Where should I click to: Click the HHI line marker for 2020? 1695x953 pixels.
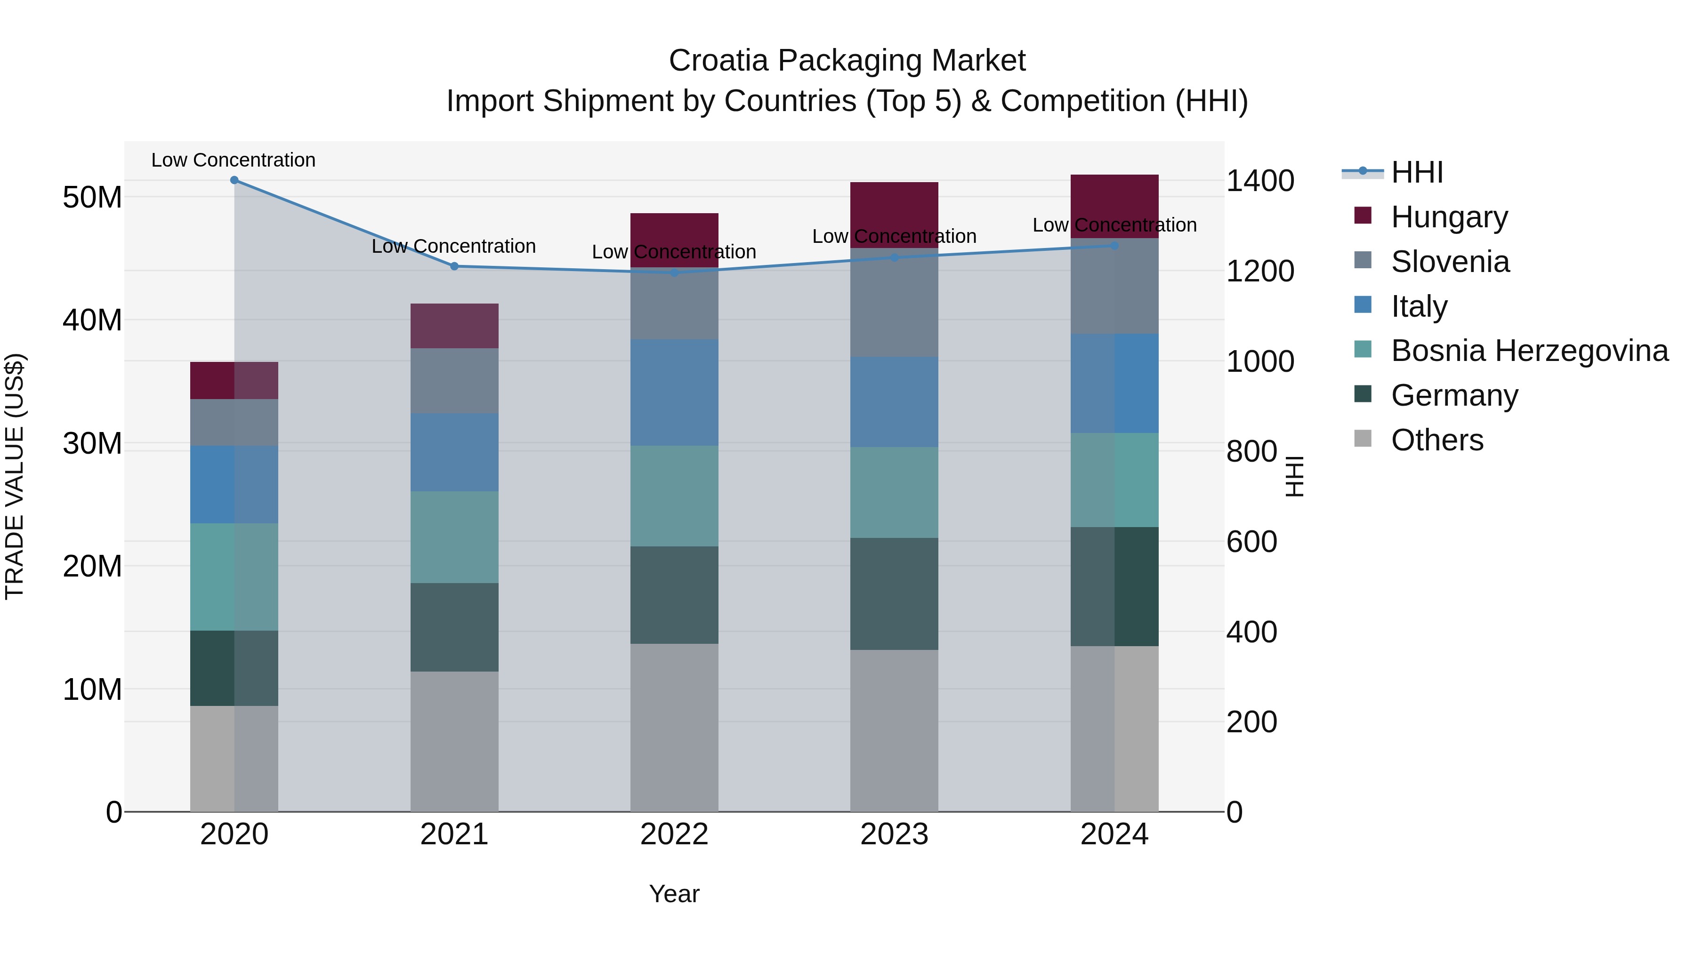(234, 180)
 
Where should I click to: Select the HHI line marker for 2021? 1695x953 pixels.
(454, 266)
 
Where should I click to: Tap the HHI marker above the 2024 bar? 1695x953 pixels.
(1114, 246)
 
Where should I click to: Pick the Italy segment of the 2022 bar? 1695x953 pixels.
(674, 392)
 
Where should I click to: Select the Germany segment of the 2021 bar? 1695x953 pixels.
(454, 627)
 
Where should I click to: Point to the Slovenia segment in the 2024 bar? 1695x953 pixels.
(1114, 286)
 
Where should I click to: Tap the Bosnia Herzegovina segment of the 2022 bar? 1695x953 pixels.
(674, 496)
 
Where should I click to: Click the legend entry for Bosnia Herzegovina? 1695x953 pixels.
(1529, 351)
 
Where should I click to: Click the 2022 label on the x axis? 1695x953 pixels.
(674, 834)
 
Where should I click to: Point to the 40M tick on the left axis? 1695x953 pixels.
(92, 320)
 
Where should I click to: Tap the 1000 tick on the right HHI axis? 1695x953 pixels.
(1259, 362)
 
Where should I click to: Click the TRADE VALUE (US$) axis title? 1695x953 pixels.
(15, 476)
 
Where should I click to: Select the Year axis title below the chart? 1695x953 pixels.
(674, 894)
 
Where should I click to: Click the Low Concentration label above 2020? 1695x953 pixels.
(234, 160)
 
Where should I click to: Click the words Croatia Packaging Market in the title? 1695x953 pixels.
(847, 61)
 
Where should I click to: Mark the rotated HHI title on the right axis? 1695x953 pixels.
(1294, 476)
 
